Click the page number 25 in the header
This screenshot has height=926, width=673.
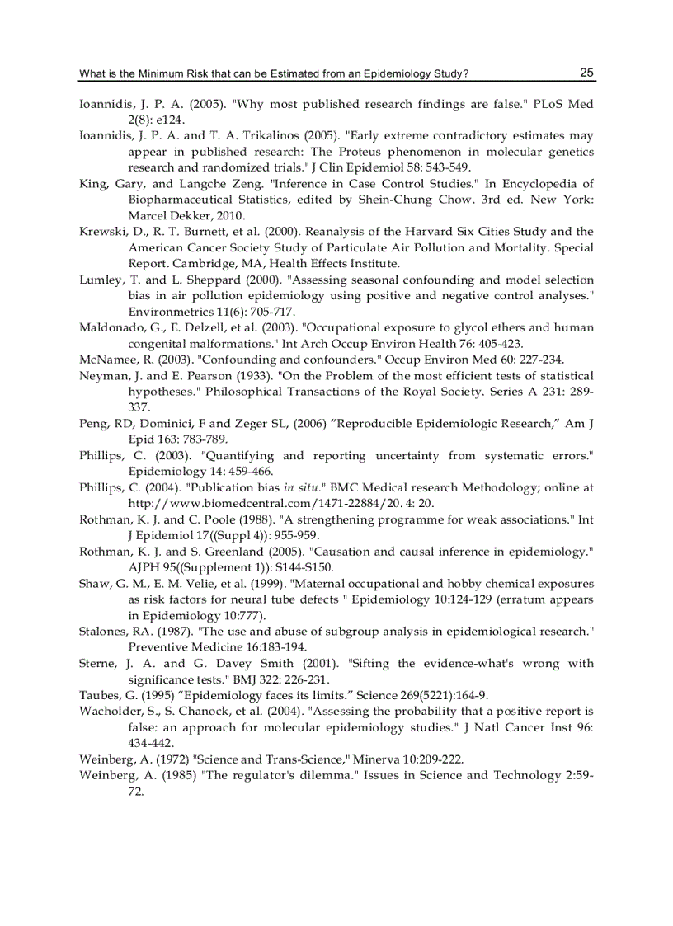point(586,73)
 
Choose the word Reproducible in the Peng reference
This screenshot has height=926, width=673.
point(317,423)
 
